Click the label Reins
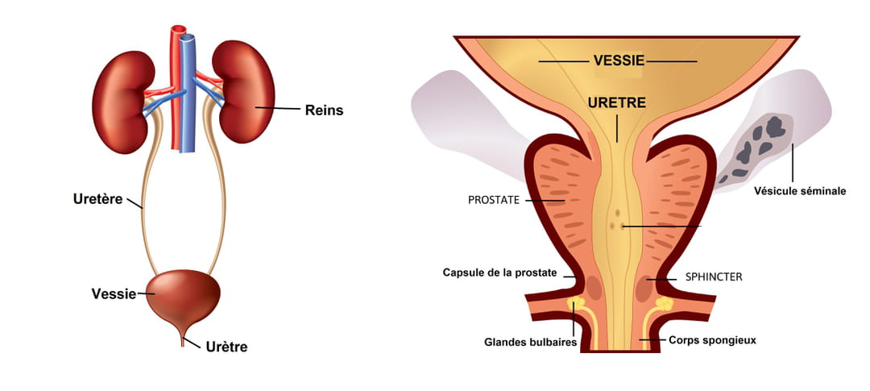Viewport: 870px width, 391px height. tap(324, 110)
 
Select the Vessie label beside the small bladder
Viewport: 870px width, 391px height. tap(114, 294)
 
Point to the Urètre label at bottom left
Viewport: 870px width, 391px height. tap(226, 347)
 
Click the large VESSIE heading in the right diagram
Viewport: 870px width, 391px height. tap(617, 60)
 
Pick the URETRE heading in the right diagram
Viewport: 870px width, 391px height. tap(617, 104)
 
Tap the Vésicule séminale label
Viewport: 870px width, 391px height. tap(800, 191)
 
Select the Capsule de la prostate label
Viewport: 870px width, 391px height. tap(499, 272)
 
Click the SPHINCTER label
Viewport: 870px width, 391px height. tap(714, 277)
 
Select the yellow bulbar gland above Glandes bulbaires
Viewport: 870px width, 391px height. tap(575, 305)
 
